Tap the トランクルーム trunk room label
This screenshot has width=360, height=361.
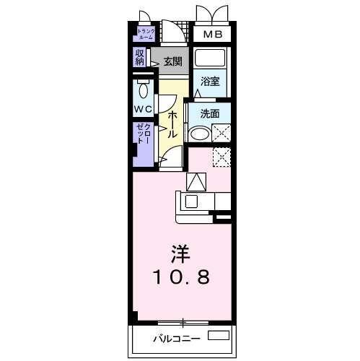146,34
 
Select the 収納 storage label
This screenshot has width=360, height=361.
139,57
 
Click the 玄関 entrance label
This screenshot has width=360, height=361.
172,61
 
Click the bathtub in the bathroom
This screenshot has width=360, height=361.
211,58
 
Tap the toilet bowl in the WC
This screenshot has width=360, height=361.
142,90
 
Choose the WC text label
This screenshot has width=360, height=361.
143,110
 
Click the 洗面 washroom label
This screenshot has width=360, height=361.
210,113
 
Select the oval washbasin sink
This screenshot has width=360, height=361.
198,134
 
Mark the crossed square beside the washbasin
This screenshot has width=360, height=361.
221,133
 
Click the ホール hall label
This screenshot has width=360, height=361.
172,124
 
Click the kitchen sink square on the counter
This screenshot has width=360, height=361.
193,201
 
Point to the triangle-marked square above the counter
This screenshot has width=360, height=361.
196,182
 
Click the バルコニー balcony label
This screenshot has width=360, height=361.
175,338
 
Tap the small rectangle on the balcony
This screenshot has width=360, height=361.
218,336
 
